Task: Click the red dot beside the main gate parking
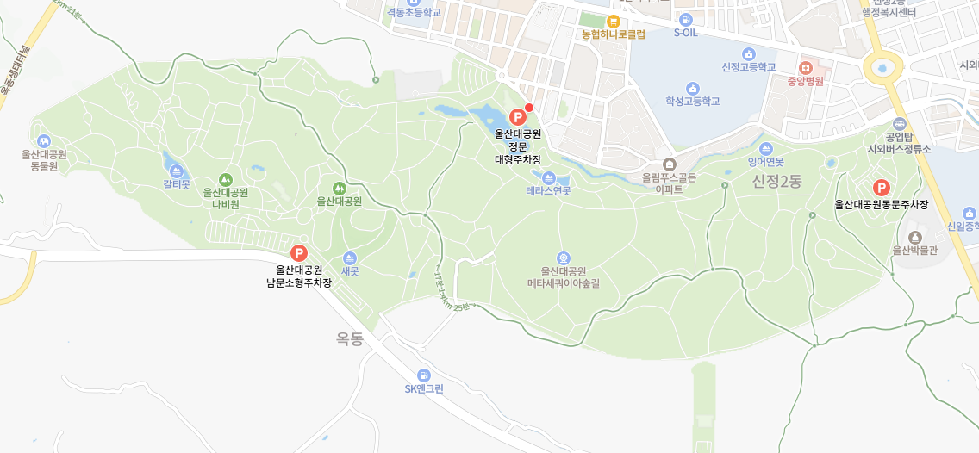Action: click(530, 107)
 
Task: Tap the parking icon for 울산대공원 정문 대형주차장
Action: click(518, 116)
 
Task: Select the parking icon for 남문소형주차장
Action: click(299, 252)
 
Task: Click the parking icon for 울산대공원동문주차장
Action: click(881, 187)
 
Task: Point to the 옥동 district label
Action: click(350, 339)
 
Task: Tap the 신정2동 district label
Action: click(776, 181)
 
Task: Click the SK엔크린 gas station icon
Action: click(423, 375)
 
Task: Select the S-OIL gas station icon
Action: click(685, 19)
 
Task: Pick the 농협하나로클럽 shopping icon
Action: click(614, 21)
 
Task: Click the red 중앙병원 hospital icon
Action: click(806, 66)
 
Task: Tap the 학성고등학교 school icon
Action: click(692, 87)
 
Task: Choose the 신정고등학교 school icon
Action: click(748, 53)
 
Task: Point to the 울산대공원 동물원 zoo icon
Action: click(44, 140)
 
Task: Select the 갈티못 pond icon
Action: click(177, 171)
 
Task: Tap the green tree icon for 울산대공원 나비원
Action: click(226, 178)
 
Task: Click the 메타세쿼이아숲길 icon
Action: click(563, 258)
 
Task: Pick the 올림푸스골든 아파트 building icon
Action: click(669, 164)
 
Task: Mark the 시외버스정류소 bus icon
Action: click(900, 124)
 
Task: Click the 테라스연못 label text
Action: click(548, 191)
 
